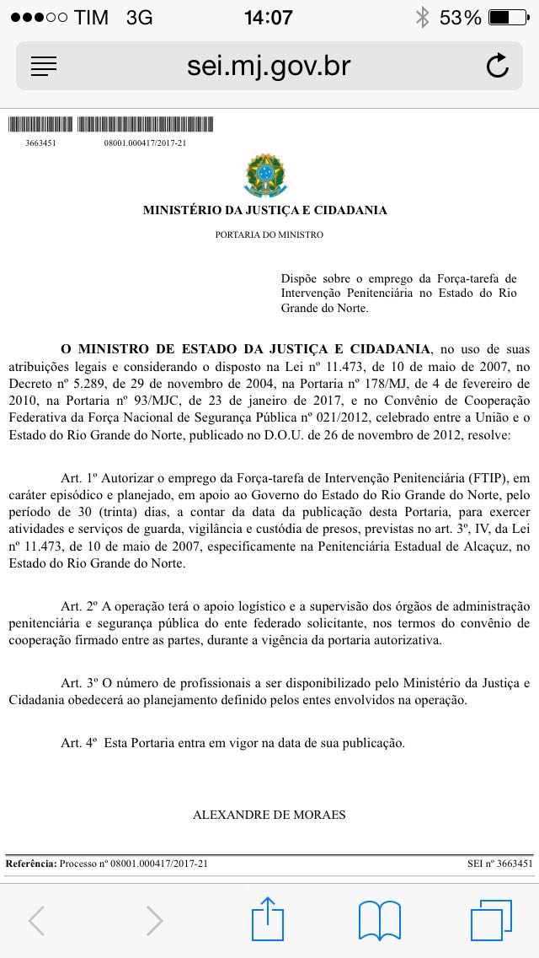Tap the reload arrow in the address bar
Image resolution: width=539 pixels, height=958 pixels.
click(x=498, y=66)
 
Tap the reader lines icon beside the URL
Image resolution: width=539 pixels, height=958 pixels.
click(x=43, y=66)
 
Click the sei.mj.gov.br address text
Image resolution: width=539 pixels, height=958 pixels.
click(x=269, y=66)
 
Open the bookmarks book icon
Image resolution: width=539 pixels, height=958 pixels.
click(x=380, y=920)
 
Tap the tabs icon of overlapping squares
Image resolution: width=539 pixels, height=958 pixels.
click(x=491, y=920)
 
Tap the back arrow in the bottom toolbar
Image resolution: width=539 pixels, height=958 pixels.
click(x=36, y=921)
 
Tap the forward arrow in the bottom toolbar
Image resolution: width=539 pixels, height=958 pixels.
click(x=154, y=921)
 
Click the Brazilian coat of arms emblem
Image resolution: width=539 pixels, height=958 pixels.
click(x=265, y=175)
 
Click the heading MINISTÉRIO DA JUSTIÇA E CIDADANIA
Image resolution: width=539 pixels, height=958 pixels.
click(x=265, y=210)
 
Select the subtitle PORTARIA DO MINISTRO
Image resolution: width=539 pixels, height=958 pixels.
click(x=269, y=234)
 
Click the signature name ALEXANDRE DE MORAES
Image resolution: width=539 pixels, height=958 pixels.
click(x=269, y=815)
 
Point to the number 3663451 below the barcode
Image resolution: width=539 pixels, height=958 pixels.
click(x=41, y=143)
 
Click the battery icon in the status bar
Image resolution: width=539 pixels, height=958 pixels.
click(x=510, y=17)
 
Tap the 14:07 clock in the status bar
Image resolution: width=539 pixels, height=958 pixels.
click(x=269, y=17)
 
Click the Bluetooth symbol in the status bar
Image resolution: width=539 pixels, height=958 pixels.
click(x=422, y=17)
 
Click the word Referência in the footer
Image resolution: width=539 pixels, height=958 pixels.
click(x=31, y=864)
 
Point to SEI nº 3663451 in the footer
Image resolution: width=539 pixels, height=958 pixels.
click(x=500, y=864)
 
